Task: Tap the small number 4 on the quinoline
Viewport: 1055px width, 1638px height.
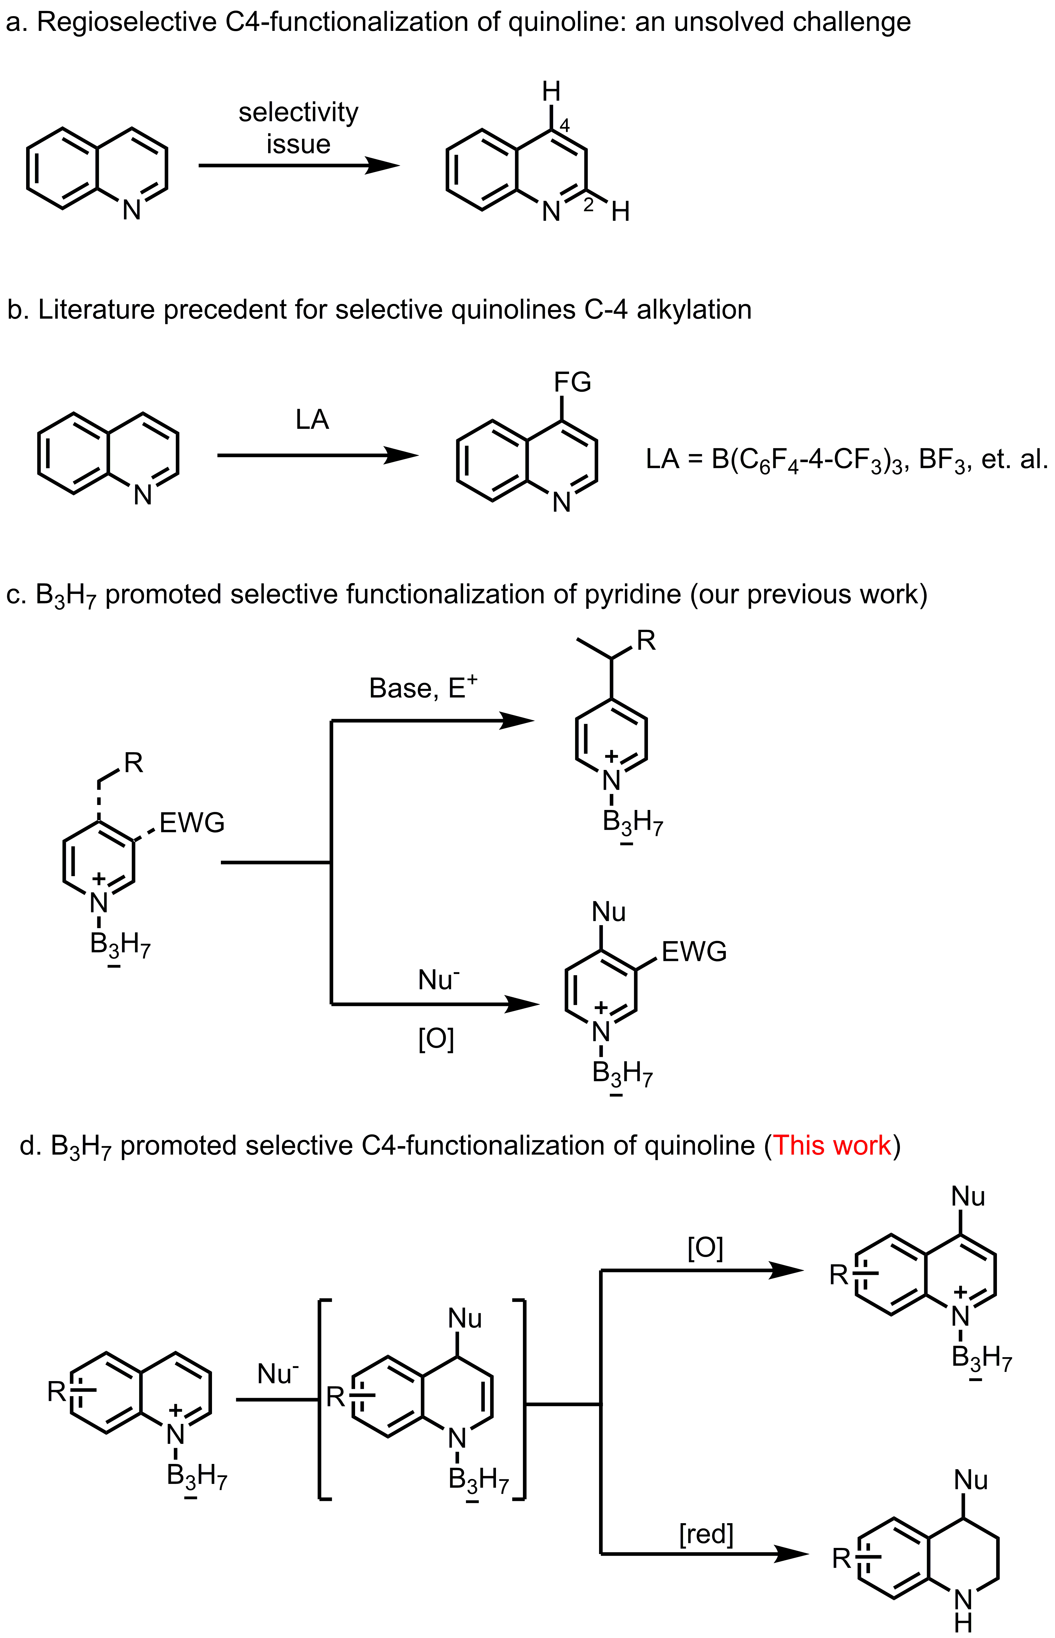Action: tap(565, 125)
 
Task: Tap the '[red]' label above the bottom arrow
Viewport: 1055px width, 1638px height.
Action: tap(706, 1534)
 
